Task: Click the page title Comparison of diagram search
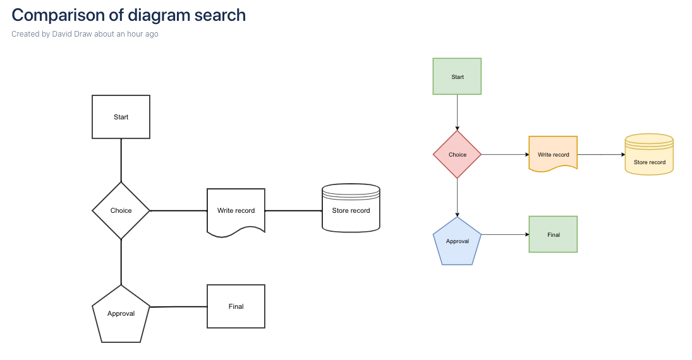128,15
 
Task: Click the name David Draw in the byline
72,34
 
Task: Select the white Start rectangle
121,117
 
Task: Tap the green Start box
457,76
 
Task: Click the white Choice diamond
121,210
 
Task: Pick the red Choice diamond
457,155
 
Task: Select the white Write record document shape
236,211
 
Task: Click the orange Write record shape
553,153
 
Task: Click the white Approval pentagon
121,315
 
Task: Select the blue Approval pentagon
457,242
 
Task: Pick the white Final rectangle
236,306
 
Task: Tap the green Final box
553,234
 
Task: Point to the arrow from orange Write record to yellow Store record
600,154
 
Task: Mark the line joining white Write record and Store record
293,210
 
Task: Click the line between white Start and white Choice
121,160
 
